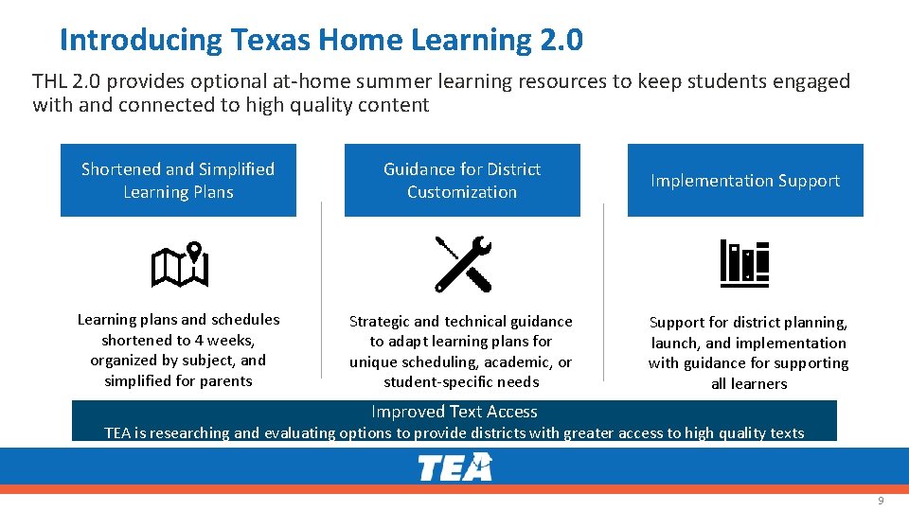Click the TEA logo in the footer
[x=454, y=467]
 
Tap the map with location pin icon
[x=179, y=266]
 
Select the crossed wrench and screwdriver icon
[x=463, y=264]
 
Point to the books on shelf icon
[x=744, y=264]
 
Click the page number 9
[x=881, y=500]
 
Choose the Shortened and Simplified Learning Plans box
[x=178, y=181]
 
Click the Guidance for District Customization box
[x=462, y=181]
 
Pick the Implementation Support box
[x=745, y=181]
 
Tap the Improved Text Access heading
[x=454, y=412]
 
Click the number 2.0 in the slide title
[x=561, y=41]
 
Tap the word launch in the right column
[x=675, y=344]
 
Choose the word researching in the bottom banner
[x=192, y=433]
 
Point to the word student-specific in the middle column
[x=433, y=382]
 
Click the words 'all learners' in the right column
[x=749, y=384]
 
